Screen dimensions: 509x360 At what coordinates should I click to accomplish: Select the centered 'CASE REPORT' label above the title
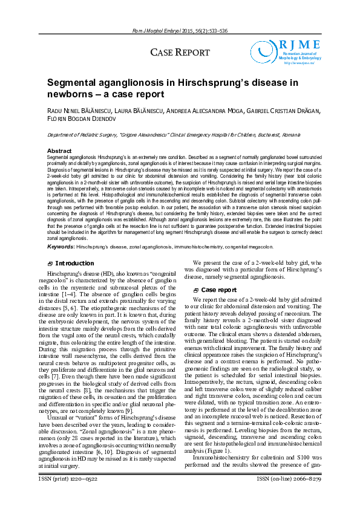tap(180, 53)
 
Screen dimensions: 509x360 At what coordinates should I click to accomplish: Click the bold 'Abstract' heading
tap(59, 151)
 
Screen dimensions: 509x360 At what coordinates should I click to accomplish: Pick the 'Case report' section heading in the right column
tap(218, 290)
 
